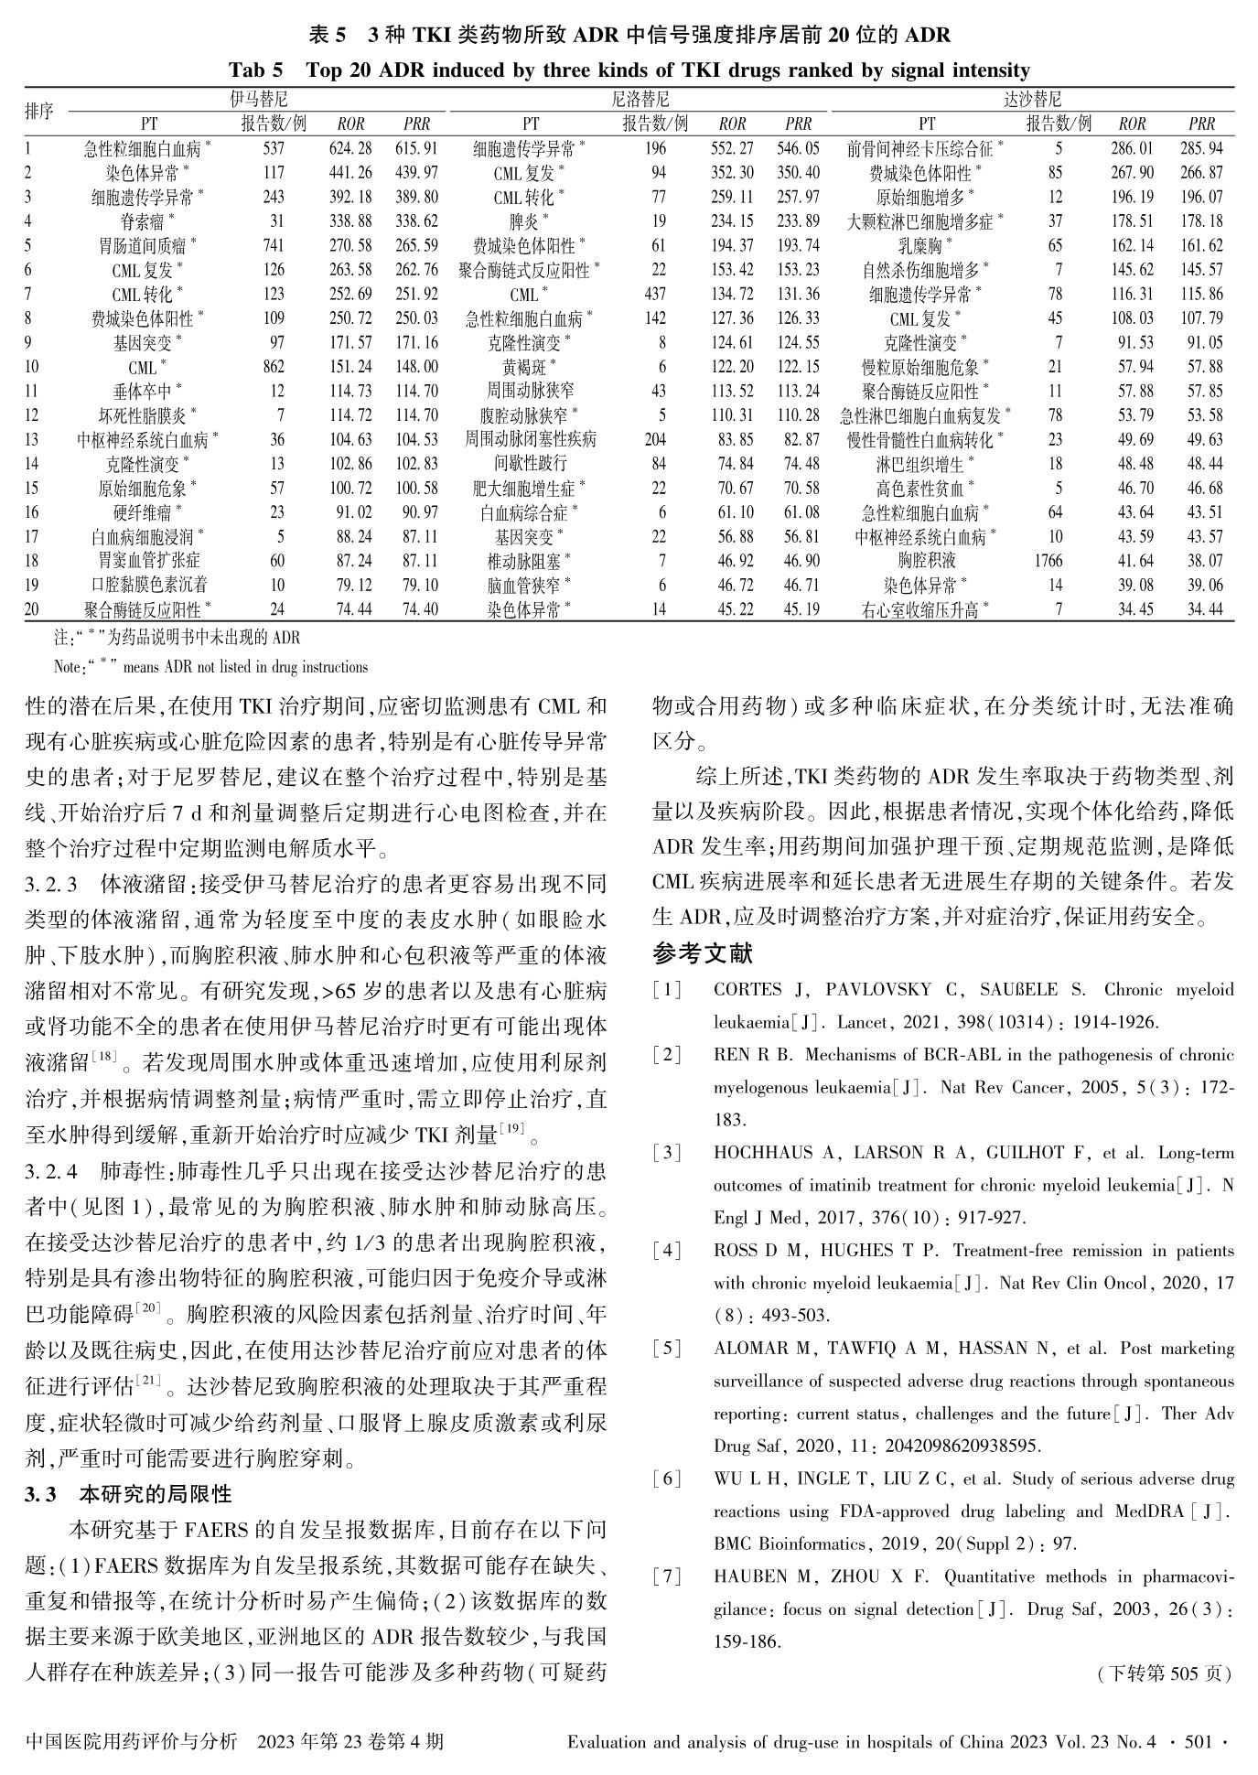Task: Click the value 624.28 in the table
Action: coord(350,148)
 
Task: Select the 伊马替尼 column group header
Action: coord(258,100)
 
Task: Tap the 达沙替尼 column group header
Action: coord(1033,100)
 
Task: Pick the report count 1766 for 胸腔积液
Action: coord(1048,561)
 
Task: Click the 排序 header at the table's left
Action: coord(38,112)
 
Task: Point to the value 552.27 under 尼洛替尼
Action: coord(732,148)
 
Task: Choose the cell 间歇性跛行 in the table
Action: coord(530,464)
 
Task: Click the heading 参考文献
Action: coord(703,954)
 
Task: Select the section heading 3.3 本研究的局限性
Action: coord(128,1495)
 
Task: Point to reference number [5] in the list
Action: coord(667,1349)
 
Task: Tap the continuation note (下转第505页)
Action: coord(1164,1674)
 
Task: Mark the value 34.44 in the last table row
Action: coord(1205,609)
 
